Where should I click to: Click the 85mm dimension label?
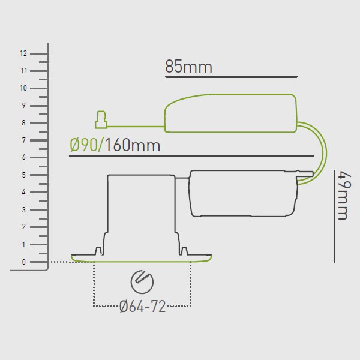pos(188,67)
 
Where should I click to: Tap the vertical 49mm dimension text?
pos(344,196)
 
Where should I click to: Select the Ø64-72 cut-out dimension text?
pos(142,307)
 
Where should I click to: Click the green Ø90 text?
pos(83,145)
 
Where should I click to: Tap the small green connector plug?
pos(101,121)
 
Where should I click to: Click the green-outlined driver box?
pos(232,113)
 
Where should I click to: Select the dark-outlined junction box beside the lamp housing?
pos(243,193)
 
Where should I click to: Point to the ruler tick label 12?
pos(23,53)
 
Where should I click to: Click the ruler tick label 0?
pos(23,262)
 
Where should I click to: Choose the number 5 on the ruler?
pos(23,175)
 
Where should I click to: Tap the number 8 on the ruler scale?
pos(23,123)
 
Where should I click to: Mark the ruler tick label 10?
pos(23,88)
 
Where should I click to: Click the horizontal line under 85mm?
pos(232,77)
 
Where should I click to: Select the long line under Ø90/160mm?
pos(191,156)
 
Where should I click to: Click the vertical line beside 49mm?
pos(334,216)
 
